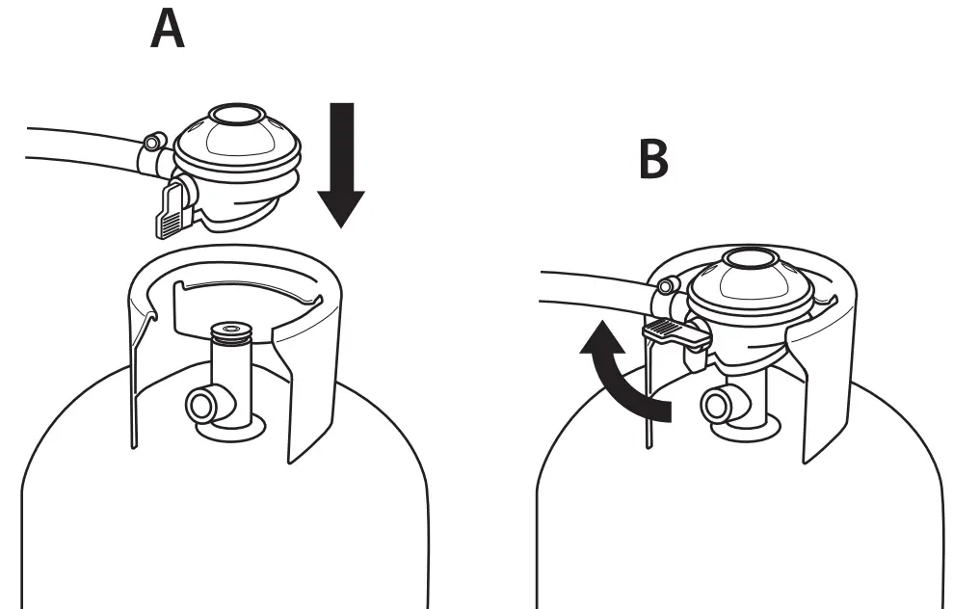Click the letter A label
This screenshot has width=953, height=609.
point(168,31)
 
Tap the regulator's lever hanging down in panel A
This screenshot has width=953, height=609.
point(169,211)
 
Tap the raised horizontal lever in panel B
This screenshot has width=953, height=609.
point(675,333)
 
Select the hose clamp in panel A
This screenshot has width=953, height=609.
point(153,146)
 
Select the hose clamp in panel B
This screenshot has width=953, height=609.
point(665,286)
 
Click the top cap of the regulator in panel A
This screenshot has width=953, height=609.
point(234,118)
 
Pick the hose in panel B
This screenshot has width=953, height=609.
point(588,293)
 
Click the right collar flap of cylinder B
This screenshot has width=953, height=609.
point(824,385)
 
